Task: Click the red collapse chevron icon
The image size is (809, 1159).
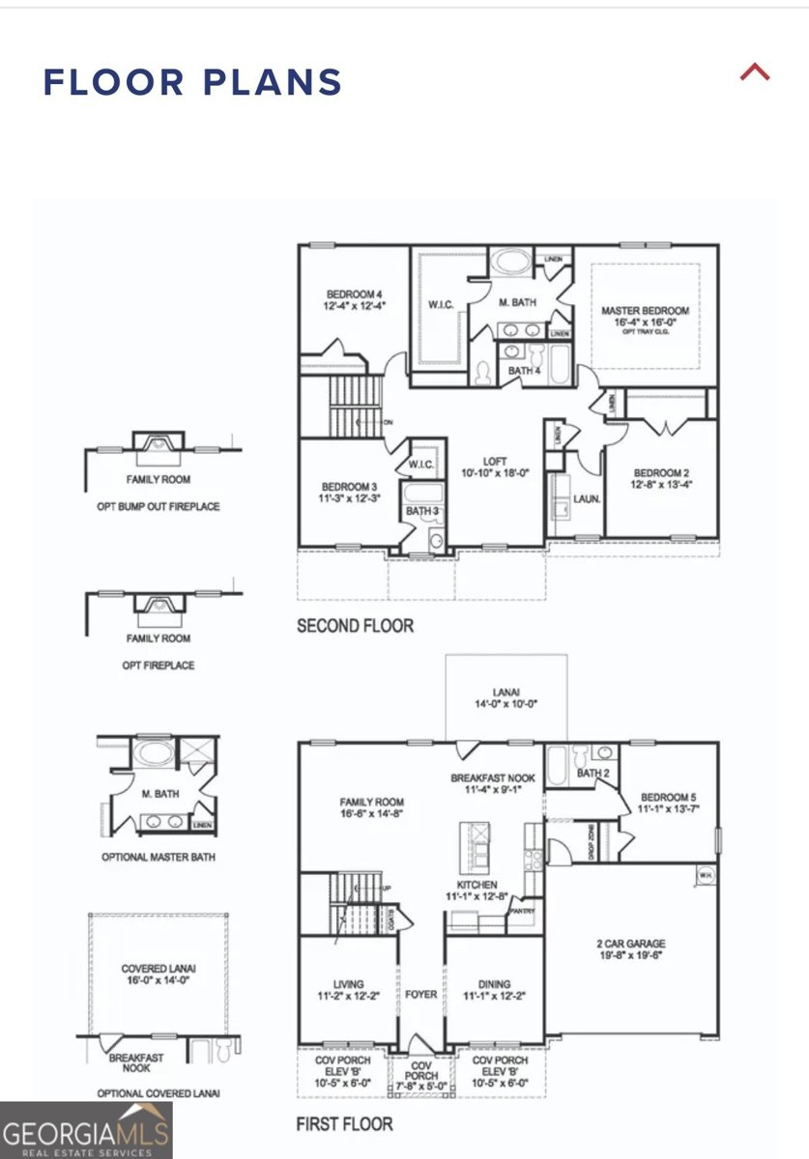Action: pyautogui.click(x=755, y=72)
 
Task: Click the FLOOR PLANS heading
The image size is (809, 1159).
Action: pyautogui.click(x=192, y=82)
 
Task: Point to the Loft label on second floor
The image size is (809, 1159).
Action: pyautogui.click(x=497, y=468)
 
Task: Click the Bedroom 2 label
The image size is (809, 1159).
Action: pyautogui.click(x=662, y=477)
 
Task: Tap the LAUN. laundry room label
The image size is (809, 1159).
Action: pyautogui.click(x=587, y=499)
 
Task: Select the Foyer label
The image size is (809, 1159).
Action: pyautogui.click(x=421, y=994)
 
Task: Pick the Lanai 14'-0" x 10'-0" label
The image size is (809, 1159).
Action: pyautogui.click(x=506, y=698)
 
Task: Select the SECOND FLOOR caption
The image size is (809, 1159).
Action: pyautogui.click(x=355, y=626)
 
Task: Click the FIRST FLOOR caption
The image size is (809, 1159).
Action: pyautogui.click(x=344, y=1124)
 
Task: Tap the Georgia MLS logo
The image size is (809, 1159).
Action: pyautogui.click(x=86, y=1130)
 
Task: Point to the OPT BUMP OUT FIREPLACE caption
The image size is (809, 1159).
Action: pyautogui.click(x=158, y=506)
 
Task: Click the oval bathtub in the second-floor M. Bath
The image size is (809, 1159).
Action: pyautogui.click(x=507, y=264)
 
